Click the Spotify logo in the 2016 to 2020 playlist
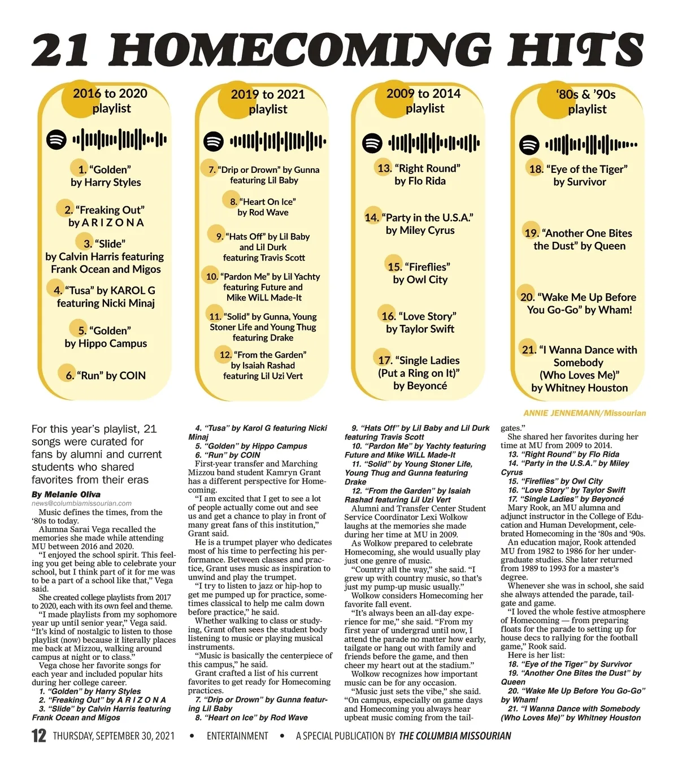pos(56,139)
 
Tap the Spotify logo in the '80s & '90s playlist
pos(529,145)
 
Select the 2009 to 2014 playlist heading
pos(424,101)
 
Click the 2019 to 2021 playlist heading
pos(268,102)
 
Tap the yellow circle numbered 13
pos(384,168)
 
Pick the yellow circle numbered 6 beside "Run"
pos(68,375)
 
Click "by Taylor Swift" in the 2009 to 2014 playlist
pos(420,329)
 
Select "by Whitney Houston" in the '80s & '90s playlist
pos(579,388)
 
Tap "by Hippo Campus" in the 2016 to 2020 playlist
pos(106,343)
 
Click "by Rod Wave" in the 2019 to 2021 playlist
pos(263,212)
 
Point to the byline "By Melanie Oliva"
pos(66,494)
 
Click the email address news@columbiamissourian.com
pos(81,503)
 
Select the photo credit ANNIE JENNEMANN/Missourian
pos(584,413)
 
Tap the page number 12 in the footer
pos(38,736)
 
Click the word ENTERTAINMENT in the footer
pos(237,736)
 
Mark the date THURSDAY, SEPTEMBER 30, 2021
pos(114,736)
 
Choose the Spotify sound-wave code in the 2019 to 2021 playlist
pos(277,141)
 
